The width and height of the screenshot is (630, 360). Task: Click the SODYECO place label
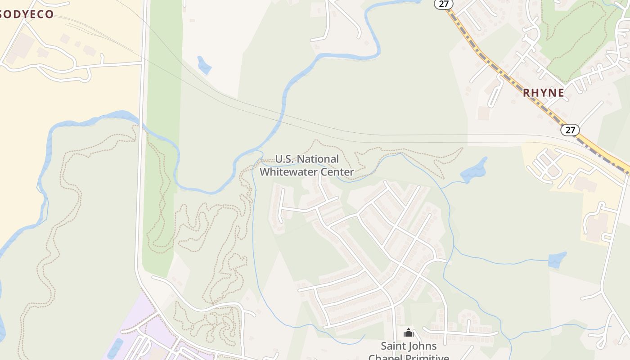(x=27, y=14)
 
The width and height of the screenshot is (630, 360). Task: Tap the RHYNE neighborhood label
(x=543, y=93)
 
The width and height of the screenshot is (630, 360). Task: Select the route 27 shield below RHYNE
(x=570, y=130)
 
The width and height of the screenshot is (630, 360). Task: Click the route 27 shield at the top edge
(x=443, y=3)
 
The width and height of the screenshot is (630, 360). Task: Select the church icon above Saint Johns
(x=409, y=333)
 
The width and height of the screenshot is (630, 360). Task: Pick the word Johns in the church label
(x=423, y=346)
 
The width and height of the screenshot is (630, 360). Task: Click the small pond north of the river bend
(x=204, y=65)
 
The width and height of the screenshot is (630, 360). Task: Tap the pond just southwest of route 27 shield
(x=473, y=171)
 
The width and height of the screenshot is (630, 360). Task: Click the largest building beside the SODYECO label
(x=21, y=46)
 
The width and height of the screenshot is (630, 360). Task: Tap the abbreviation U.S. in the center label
(x=284, y=159)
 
